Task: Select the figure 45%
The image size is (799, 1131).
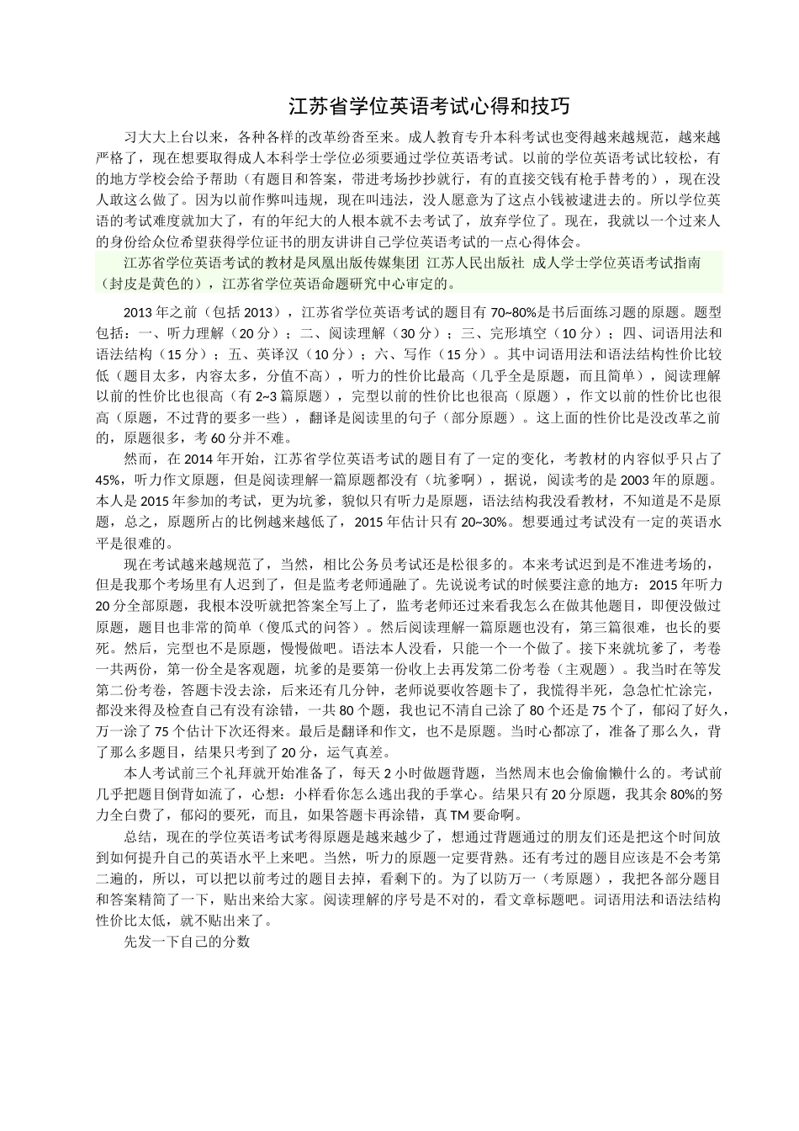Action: point(110,480)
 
